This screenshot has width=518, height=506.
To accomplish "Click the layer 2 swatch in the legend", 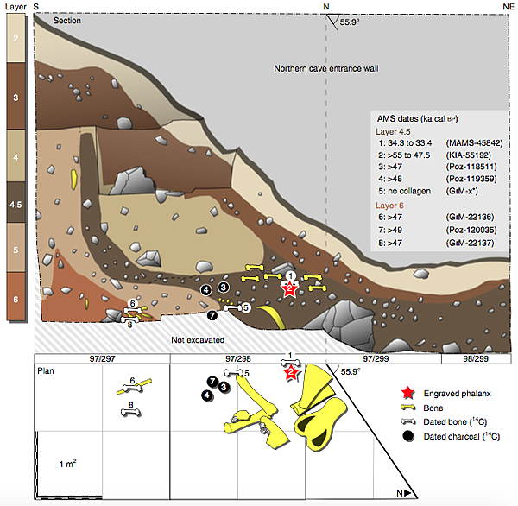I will click(17, 41).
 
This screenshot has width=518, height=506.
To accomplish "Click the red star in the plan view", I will click(291, 373).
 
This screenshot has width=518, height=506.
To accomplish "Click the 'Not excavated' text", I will click(199, 339).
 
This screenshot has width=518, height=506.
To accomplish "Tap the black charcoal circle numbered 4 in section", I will click(205, 290).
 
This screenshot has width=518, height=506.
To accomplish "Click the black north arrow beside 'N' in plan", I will click(414, 493).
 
